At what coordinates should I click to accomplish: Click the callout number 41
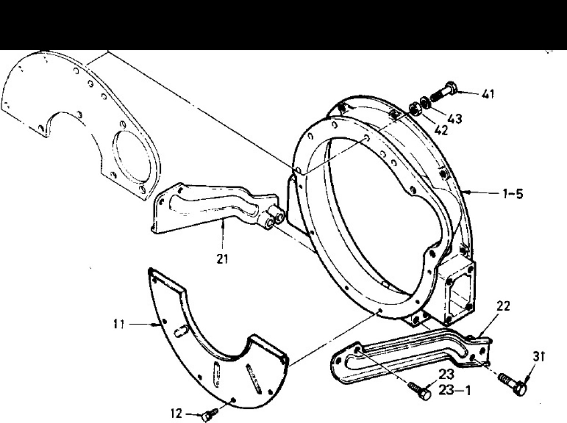click(488, 94)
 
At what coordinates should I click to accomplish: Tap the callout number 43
click(455, 119)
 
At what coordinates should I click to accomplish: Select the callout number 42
click(441, 131)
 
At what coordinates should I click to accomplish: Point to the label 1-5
click(513, 194)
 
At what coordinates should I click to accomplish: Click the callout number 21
click(223, 259)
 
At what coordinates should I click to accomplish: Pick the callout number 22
click(503, 306)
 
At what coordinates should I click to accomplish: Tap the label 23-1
click(455, 391)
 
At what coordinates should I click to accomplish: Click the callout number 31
click(539, 357)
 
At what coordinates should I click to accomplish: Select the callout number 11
click(119, 324)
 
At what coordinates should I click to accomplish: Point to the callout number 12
click(176, 414)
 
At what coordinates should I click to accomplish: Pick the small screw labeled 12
click(209, 414)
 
